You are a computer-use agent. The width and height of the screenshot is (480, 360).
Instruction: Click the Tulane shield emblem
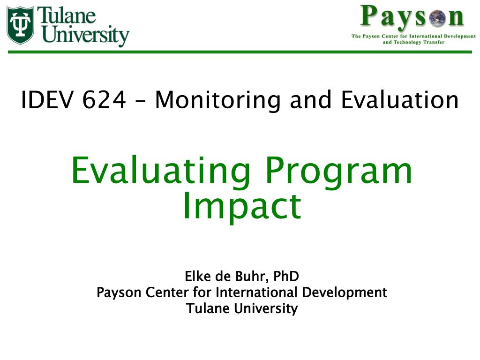coord(20,25)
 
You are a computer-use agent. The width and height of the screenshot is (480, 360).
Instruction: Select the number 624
coord(104,100)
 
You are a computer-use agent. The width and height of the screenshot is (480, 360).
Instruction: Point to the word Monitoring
coord(217,100)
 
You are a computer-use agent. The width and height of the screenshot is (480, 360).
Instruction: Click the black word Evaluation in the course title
coord(399,100)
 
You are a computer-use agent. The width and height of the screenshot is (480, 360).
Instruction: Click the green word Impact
coord(242,207)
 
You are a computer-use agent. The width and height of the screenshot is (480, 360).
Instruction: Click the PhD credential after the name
coord(286,276)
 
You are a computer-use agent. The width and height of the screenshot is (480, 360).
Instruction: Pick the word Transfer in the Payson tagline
coord(434,42)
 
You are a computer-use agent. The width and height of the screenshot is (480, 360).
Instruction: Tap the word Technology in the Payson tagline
coord(407,43)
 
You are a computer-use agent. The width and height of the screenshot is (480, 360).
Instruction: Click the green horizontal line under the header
coord(240,52)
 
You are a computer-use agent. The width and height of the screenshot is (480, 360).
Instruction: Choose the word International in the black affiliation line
coord(256,292)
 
